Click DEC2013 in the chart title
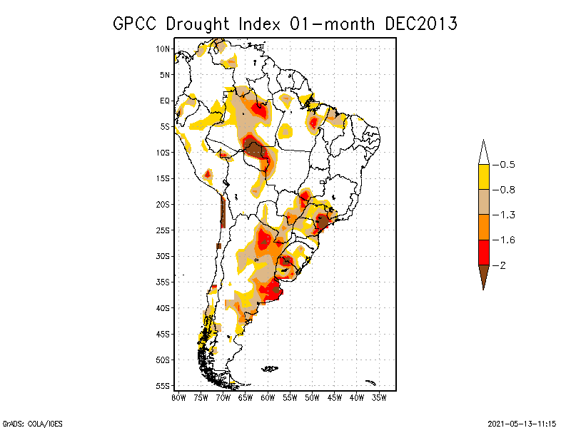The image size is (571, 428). click(420, 24)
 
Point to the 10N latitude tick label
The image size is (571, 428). click(163, 49)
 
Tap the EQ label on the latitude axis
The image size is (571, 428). click(165, 101)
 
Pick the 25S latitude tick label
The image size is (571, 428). click(163, 230)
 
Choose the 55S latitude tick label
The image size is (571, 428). click(163, 385)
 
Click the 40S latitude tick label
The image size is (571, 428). click(163, 307)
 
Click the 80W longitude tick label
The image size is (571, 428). click(178, 398)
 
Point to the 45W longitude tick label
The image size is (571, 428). click(335, 398)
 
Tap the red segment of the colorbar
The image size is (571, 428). click(483, 252)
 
